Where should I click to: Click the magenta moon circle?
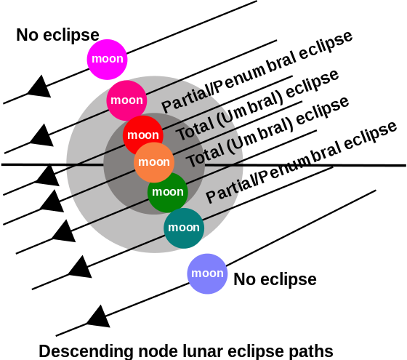click(107, 60)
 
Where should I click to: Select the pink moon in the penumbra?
click(126, 100)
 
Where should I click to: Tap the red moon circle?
click(143, 135)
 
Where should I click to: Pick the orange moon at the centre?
click(154, 162)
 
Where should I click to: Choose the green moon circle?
click(168, 193)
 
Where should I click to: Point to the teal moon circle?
click(184, 228)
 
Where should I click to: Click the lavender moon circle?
click(207, 273)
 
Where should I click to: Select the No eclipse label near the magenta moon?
click(57, 36)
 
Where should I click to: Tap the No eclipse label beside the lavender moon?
click(275, 280)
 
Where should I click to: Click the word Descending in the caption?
click(86, 351)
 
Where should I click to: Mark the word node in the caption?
click(158, 351)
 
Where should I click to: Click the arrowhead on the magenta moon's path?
click(41, 87)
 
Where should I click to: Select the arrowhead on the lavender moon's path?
click(100, 317)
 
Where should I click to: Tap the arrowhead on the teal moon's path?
click(81, 268)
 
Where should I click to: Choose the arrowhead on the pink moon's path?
click(43, 136)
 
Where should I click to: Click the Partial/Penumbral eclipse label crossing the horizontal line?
click(301, 162)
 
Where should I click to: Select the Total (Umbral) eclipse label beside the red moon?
click(257, 105)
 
